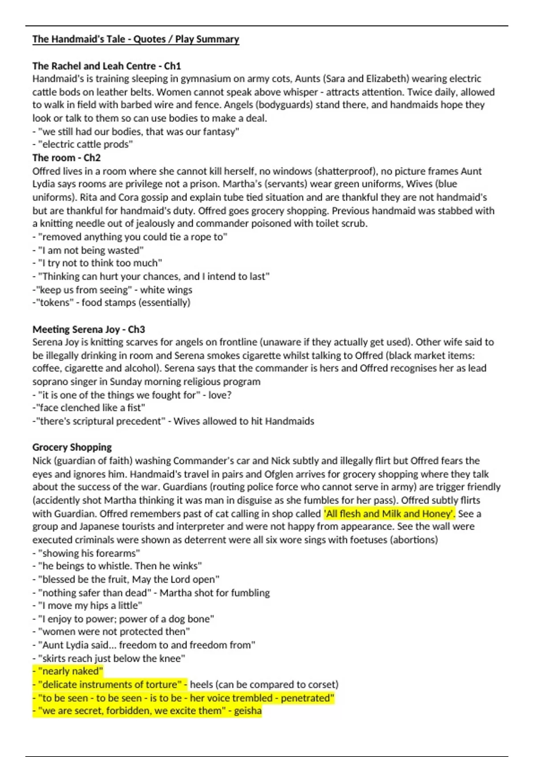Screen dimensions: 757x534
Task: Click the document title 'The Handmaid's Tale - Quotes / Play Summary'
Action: click(x=136, y=39)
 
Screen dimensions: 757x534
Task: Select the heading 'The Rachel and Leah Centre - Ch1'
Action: click(x=106, y=66)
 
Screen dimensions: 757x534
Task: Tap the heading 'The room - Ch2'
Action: click(x=66, y=158)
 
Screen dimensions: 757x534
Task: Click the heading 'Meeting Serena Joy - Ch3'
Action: click(x=89, y=329)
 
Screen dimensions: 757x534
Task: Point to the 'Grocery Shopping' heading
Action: click(x=72, y=447)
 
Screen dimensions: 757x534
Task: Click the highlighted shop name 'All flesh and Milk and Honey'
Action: click(x=389, y=513)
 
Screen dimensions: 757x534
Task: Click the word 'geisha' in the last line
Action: click(x=248, y=711)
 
